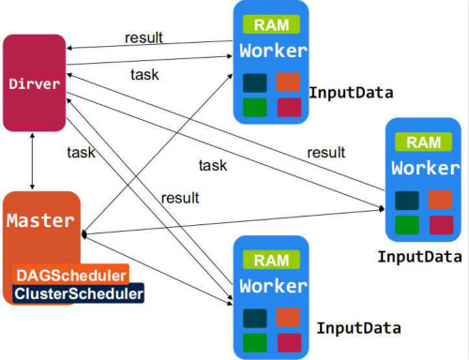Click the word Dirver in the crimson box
click(x=34, y=84)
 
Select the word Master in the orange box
click(x=39, y=221)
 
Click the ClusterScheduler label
click(x=80, y=294)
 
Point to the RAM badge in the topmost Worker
click(x=271, y=25)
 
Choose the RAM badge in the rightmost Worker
click(x=424, y=142)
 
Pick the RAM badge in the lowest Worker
click(x=271, y=259)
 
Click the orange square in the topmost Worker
click(x=289, y=82)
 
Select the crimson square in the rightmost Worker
click(x=440, y=224)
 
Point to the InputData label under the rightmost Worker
click(x=419, y=256)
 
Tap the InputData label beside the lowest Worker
click(x=358, y=327)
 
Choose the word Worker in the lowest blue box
click(x=271, y=285)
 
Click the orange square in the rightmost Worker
click(x=440, y=201)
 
